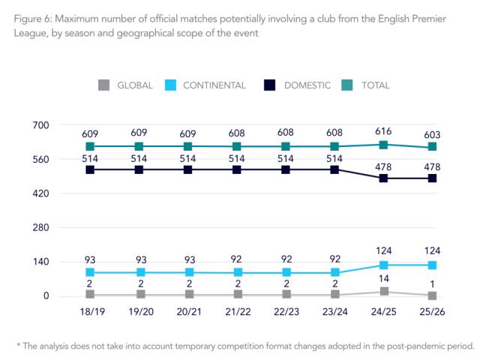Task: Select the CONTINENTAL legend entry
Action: (x=202, y=85)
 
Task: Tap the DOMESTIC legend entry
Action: (x=298, y=85)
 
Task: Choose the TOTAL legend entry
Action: (x=367, y=85)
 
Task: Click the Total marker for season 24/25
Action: (x=384, y=145)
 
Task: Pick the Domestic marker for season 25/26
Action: (x=433, y=178)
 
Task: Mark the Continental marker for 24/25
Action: (x=384, y=265)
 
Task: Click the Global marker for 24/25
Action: (x=384, y=292)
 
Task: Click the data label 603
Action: (x=433, y=133)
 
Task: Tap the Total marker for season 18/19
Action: (x=90, y=146)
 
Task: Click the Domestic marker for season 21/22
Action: (x=237, y=169)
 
